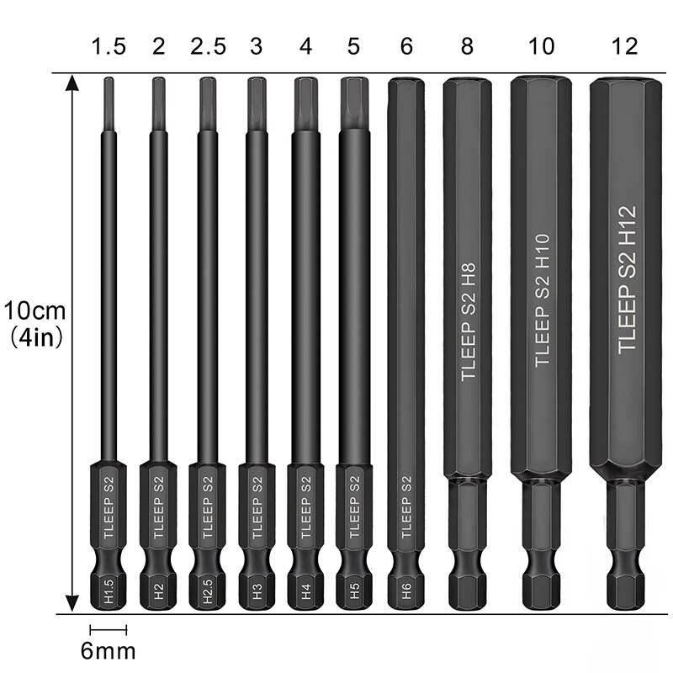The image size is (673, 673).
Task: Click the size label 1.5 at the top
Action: click(109, 46)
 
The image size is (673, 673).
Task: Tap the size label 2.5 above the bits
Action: click(208, 46)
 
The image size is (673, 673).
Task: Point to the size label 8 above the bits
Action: click(468, 46)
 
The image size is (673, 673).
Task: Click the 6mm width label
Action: click(108, 650)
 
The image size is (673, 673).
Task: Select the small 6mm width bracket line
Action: click(108, 629)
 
